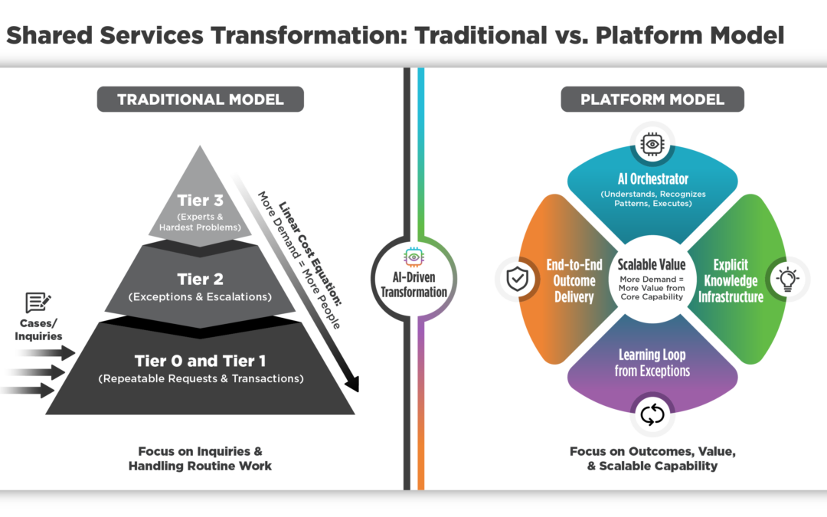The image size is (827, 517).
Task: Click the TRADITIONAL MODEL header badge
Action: [200, 100]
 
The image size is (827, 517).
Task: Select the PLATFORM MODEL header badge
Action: [652, 100]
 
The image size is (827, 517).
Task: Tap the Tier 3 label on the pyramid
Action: [201, 200]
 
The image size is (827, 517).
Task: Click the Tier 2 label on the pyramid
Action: [201, 279]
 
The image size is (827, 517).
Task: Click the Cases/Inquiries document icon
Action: [38, 303]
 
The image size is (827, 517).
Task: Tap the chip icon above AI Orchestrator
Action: [652, 143]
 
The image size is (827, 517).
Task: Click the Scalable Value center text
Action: [652, 265]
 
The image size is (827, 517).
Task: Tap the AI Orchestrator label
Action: [652, 178]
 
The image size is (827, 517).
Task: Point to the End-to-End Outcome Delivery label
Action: [574, 280]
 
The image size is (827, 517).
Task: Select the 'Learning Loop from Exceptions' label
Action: [652, 363]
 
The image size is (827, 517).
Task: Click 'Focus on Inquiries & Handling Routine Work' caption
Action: [200, 458]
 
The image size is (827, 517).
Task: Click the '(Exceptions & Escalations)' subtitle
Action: [201, 296]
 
